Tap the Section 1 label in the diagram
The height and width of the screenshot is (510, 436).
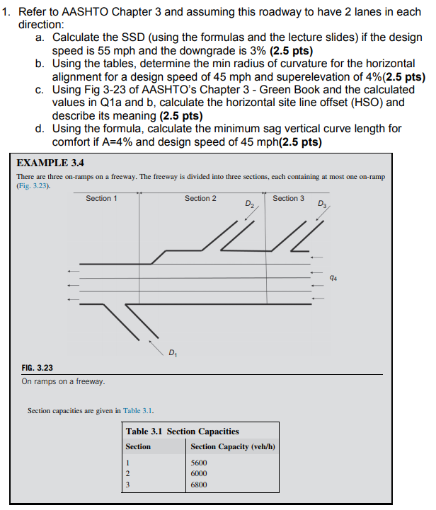pyautogui.click(x=101, y=199)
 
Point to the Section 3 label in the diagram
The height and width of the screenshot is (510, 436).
pyautogui.click(x=288, y=199)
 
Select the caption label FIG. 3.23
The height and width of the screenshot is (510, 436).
pyautogui.click(x=38, y=368)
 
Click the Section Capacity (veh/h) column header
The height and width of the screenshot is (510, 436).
pyautogui.click(x=232, y=446)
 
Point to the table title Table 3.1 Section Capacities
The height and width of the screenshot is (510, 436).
pyautogui.click(x=182, y=431)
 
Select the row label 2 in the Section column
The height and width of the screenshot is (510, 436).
pyautogui.click(x=127, y=474)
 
